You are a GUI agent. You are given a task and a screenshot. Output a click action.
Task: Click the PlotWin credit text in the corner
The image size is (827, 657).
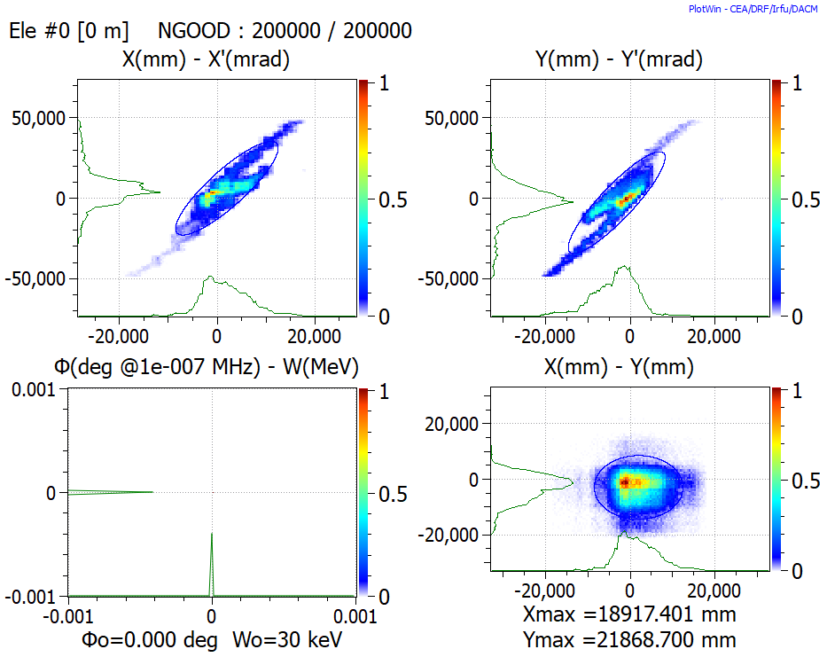coord(755,8)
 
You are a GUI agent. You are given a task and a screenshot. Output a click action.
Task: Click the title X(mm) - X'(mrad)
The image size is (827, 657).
coord(207,60)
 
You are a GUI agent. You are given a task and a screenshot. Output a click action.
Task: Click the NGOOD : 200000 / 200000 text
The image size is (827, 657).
coord(285,31)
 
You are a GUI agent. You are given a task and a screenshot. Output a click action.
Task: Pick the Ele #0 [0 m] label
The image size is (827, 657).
coord(68,31)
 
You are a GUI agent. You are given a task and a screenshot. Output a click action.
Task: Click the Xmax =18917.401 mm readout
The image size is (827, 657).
coord(630,614)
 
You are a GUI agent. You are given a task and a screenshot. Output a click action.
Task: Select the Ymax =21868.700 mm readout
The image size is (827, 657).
coord(630,638)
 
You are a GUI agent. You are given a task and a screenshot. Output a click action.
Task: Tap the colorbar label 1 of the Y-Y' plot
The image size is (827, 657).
coord(796,84)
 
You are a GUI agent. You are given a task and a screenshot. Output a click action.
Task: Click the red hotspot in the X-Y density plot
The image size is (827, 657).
coord(624,482)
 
